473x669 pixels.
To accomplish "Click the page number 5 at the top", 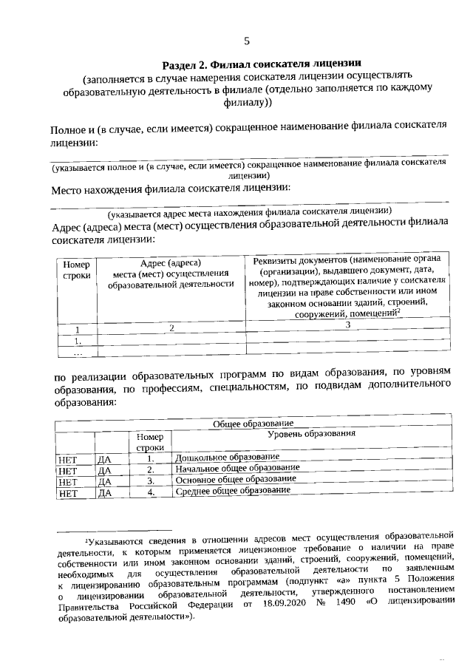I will click(247, 41).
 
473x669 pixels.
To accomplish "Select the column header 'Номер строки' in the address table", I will click(76, 270).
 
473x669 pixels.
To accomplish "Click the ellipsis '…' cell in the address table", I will click(76, 353).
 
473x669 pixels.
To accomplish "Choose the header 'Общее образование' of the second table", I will click(253, 423).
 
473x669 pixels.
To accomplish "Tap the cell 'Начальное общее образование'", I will click(236, 469).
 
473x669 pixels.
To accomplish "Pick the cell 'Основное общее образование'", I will click(235, 479).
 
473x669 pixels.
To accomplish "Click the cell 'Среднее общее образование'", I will click(232, 491).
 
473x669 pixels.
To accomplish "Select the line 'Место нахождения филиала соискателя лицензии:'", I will click(170, 189).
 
